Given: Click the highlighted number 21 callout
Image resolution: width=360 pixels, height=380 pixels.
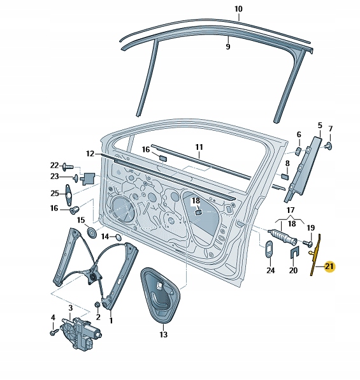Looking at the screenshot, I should (x=329, y=267).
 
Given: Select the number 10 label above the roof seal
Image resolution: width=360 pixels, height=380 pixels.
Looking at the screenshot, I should (x=238, y=10).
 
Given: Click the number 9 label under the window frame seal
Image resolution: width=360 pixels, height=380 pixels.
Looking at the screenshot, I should (x=228, y=47).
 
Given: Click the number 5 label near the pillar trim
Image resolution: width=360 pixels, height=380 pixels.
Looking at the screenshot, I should (x=319, y=126).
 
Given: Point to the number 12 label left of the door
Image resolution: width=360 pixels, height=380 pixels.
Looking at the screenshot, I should (x=90, y=154).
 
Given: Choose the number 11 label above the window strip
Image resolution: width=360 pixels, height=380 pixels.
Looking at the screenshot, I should (x=198, y=147).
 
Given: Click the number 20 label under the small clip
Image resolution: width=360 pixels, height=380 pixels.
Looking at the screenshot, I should (x=293, y=270).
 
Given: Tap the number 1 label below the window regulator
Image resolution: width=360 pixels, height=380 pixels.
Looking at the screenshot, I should (x=112, y=321).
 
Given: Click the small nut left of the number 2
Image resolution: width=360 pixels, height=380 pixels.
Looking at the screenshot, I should (x=97, y=304).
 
